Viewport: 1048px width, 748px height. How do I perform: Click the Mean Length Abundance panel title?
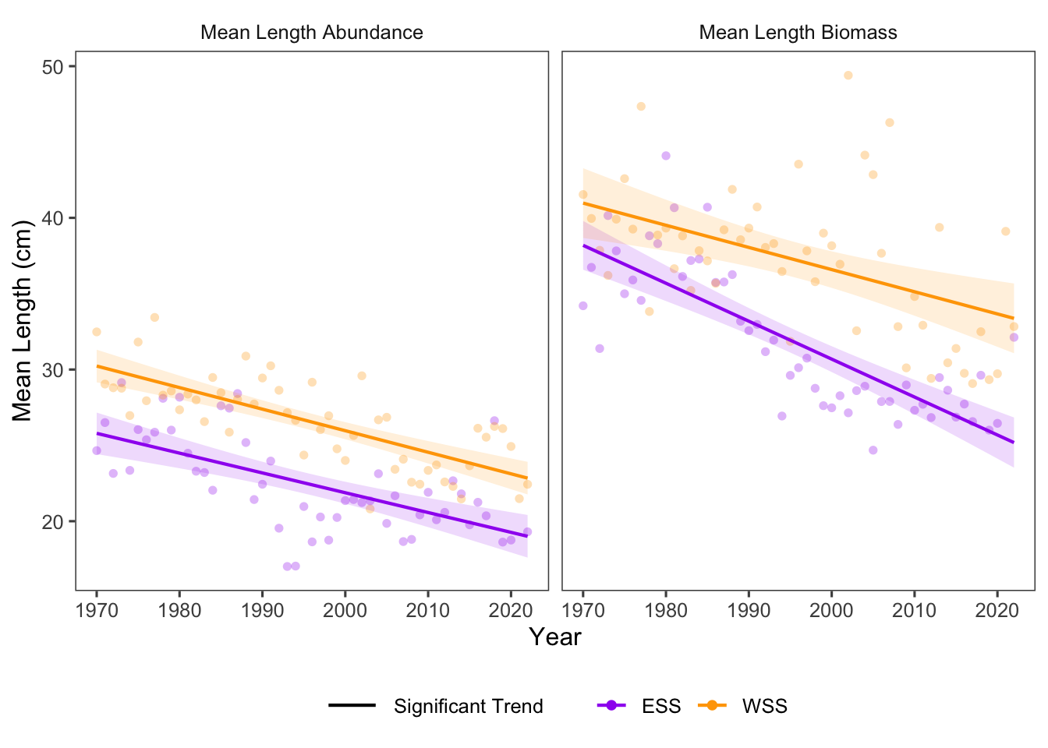[311, 33]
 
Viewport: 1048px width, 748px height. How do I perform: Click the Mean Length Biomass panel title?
[798, 33]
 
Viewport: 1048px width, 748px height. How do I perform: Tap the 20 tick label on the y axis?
[52, 521]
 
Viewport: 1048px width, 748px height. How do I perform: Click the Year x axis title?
[555, 637]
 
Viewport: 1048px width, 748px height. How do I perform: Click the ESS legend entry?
[660, 707]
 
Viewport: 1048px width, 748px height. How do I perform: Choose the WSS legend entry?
[764, 707]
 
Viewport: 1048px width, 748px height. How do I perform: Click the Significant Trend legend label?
[468, 707]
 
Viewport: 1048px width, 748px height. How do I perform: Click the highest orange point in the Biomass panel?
[848, 76]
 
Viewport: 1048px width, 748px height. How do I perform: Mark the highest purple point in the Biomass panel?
[666, 156]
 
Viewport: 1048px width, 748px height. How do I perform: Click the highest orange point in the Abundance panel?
[154, 317]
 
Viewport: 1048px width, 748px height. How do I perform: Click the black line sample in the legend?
[352, 707]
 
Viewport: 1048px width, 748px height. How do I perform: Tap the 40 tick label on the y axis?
[52, 218]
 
